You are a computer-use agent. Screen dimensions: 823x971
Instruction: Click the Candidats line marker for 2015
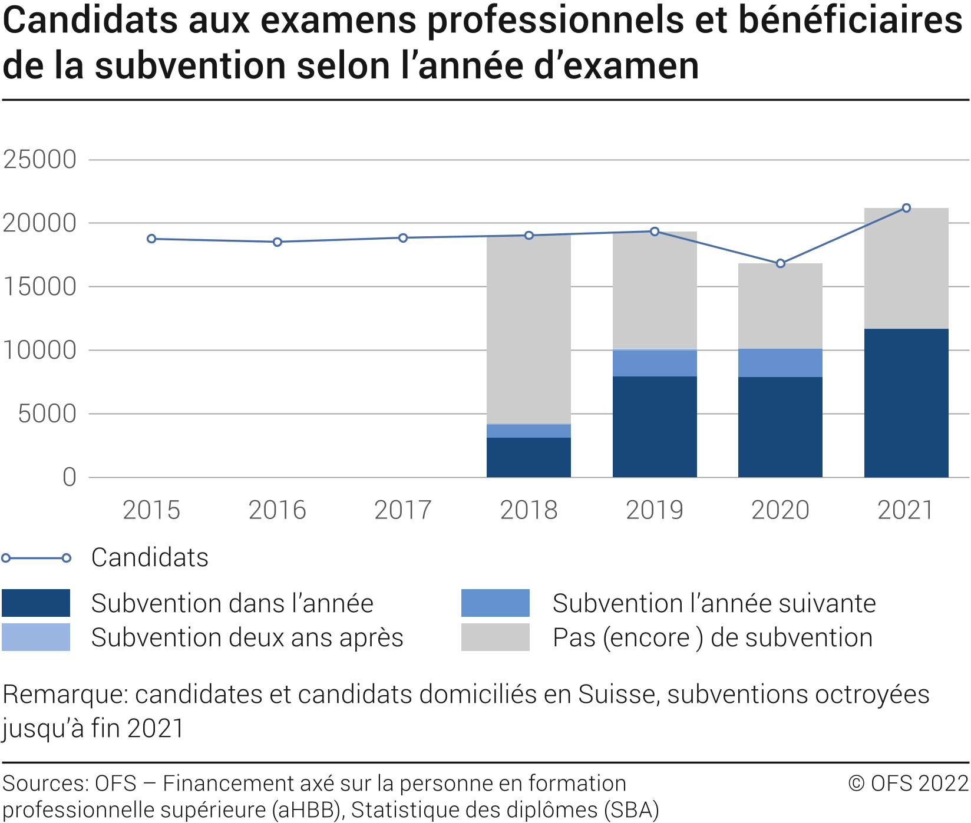click(x=151, y=239)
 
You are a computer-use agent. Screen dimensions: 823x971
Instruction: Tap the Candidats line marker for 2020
click(x=781, y=263)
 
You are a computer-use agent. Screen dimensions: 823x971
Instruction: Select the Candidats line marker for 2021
click(x=906, y=208)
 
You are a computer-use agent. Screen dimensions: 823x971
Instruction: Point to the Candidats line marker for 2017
click(x=403, y=238)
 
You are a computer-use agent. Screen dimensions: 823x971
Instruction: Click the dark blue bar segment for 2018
click(x=529, y=457)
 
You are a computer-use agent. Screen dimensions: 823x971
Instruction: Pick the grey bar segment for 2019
click(x=655, y=290)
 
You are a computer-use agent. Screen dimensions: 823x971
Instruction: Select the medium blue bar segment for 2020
click(x=780, y=363)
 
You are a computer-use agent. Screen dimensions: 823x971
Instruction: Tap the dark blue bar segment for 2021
click(x=906, y=403)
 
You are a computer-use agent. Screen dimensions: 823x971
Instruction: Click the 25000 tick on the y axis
click(x=40, y=160)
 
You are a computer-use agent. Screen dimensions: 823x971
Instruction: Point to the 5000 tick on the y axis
click(x=47, y=414)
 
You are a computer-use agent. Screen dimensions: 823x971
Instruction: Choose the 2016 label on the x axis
click(x=277, y=510)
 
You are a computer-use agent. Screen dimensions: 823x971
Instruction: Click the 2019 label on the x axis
click(x=655, y=510)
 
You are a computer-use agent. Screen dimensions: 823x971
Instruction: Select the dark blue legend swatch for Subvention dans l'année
click(x=36, y=603)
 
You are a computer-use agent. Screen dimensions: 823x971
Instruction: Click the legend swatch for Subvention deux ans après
click(x=36, y=637)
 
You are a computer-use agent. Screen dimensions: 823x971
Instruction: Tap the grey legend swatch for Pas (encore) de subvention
click(x=495, y=637)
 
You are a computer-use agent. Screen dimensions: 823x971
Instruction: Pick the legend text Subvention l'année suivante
click(x=714, y=603)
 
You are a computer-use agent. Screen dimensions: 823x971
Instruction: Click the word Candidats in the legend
click(x=150, y=557)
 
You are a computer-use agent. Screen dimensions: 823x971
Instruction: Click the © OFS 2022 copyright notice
click(x=908, y=783)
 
